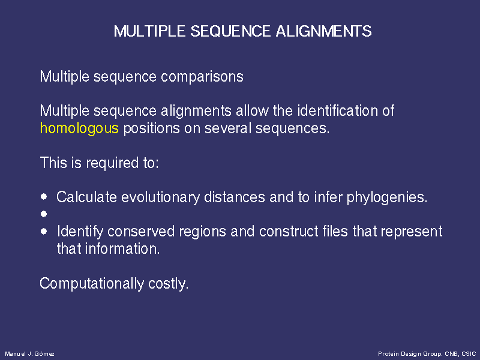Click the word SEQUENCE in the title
click(x=231, y=31)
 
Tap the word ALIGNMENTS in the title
click(x=323, y=31)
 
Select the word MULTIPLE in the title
click(x=149, y=31)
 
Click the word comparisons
click(x=202, y=77)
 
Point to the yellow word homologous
click(x=79, y=128)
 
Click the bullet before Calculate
click(x=44, y=197)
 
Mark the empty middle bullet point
click(x=44, y=214)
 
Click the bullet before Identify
click(x=44, y=231)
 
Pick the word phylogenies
click(x=387, y=197)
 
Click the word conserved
click(x=141, y=232)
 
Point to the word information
click(x=122, y=248)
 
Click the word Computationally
click(x=92, y=284)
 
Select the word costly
click(x=168, y=284)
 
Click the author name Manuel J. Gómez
click(x=29, y=354)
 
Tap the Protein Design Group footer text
click(x=427, y=354)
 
